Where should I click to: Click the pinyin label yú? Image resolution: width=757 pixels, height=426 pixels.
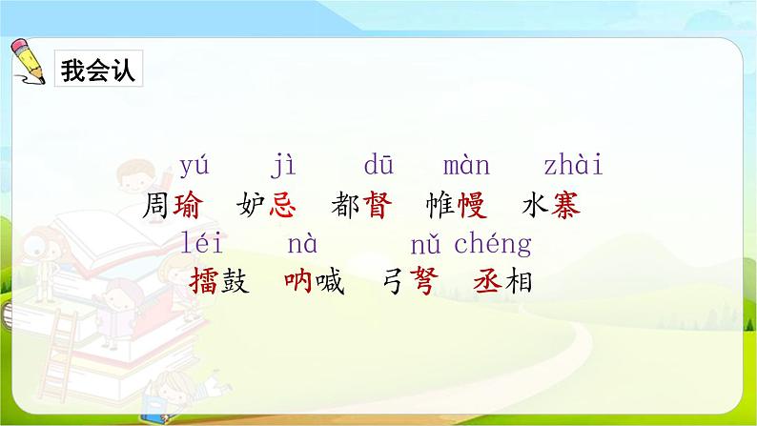pos(194,167)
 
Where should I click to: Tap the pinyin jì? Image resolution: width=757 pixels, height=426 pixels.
pos(283,165)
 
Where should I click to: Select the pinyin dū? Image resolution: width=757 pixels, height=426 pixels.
pos(378,164)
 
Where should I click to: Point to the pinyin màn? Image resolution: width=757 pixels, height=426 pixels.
pos(466,165)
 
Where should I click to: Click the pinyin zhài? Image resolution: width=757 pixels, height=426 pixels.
pos(574,164)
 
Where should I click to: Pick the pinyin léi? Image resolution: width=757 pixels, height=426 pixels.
pos(201,243)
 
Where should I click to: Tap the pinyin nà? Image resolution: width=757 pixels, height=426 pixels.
pos(302,244)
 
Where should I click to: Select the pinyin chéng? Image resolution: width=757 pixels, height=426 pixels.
pos(493,245)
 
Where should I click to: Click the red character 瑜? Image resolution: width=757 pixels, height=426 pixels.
pos(187,205)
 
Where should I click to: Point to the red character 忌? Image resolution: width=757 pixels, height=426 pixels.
pos(282,205)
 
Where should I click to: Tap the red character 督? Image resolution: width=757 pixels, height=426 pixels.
pos(377,205)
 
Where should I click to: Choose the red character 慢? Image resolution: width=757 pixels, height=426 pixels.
pos(472,205)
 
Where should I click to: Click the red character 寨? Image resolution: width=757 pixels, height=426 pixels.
pos(565,205)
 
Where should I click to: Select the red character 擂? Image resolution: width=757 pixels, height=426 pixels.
pos(204,281)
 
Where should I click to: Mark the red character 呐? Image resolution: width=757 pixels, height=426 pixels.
pos(298,281)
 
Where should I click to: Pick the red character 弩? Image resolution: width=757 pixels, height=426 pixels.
pos(424,281)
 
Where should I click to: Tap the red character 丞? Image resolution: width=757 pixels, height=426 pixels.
pos(487,281)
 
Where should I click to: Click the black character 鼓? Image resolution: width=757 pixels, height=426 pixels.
pos(235,281)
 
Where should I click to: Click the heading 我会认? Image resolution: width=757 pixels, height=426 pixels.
pos(98,70)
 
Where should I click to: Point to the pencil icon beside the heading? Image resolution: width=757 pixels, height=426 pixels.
pos(28,62)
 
